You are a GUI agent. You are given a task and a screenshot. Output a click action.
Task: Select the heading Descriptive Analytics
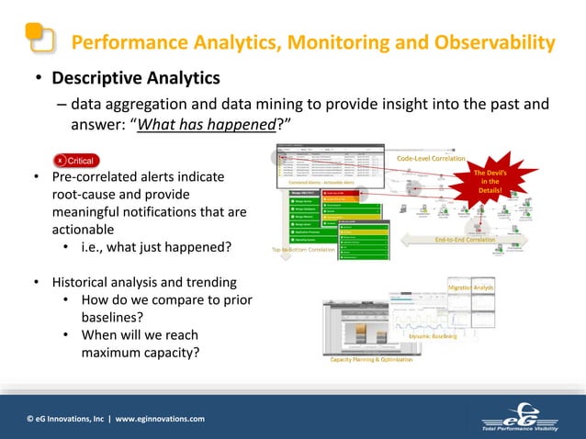pos(135,78)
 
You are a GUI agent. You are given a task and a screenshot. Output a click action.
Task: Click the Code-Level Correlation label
pos(431,159)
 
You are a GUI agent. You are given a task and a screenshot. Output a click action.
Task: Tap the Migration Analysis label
pos(471,288)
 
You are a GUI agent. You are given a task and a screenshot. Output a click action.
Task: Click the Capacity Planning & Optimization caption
pos(371,359)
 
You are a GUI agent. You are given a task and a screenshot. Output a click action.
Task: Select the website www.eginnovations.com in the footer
pos(160,419)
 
